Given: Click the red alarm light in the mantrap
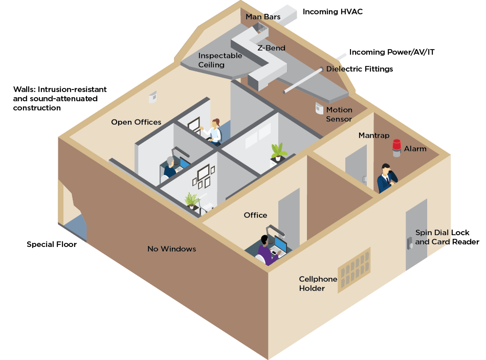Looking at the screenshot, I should [x=396, y=147].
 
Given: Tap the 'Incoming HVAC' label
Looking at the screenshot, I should [x=333, y=11].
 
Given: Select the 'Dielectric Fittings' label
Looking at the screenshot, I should [x=360, y=69].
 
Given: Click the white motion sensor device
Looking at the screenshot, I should [x=319, y=109].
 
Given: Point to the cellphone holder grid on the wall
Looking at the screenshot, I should [x=354, y=271].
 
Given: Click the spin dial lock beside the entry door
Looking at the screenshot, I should [x=410, y=243].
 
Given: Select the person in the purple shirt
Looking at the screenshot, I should [x=266, y=250].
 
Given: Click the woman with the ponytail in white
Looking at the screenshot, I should [x=215, y=131].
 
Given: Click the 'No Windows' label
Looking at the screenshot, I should [x=172, y=249].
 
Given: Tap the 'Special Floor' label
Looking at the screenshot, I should [x=52, y=244].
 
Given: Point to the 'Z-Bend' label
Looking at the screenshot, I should [x=271, y=48].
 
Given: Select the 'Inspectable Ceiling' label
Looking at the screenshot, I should [x=220, y=60].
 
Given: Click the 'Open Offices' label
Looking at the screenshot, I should [x=136, y=122].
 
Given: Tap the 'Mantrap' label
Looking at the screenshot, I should [x=373, y=136].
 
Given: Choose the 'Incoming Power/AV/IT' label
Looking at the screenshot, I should [x=392, y=52].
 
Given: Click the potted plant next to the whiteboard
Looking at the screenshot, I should [x=278, y=152].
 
